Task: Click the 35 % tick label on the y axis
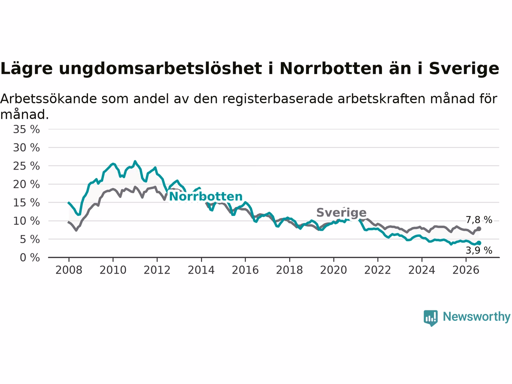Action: click(x=26, y=129)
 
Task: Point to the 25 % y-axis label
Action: click(x=26, y=166)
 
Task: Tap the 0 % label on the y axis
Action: click(x=30, y=258)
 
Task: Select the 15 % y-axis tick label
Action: click(x=26, y=203)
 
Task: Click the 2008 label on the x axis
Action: click(x=69, y=270)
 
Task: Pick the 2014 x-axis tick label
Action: click(x=201, y=270)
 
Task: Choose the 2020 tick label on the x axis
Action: click(x=334, y=270)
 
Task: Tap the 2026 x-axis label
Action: click(x=466, y=270)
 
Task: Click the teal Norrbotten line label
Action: click(x=206, y=196)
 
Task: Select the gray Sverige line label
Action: click(x=342, y=213)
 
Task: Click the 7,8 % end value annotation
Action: click(x=479, y=220)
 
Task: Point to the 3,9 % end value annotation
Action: click(x=479, y=250)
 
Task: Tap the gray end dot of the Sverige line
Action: click(x=479, y=229)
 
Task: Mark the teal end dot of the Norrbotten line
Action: click(x=479, y=243)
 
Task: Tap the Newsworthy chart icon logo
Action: click(x=430, y=318)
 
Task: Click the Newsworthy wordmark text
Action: click(x=477, y=317)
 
